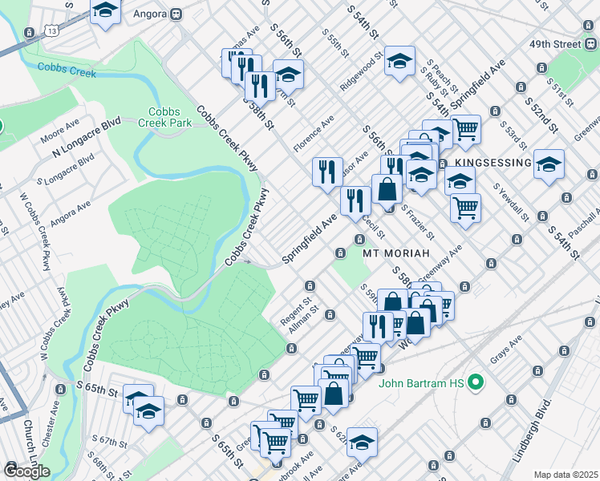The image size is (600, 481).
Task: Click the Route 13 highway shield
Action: [x=51, y=30]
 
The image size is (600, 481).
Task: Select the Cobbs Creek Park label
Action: [x=164, y=117]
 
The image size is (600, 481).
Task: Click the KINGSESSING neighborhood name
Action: [x=493, y=163]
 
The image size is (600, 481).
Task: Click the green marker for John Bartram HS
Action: [x=474, y=382]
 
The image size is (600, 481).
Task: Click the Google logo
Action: [x=26, y=471]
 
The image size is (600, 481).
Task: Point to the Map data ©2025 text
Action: [x=566, y=475]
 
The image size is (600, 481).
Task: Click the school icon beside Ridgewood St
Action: [x=399, y=61]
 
